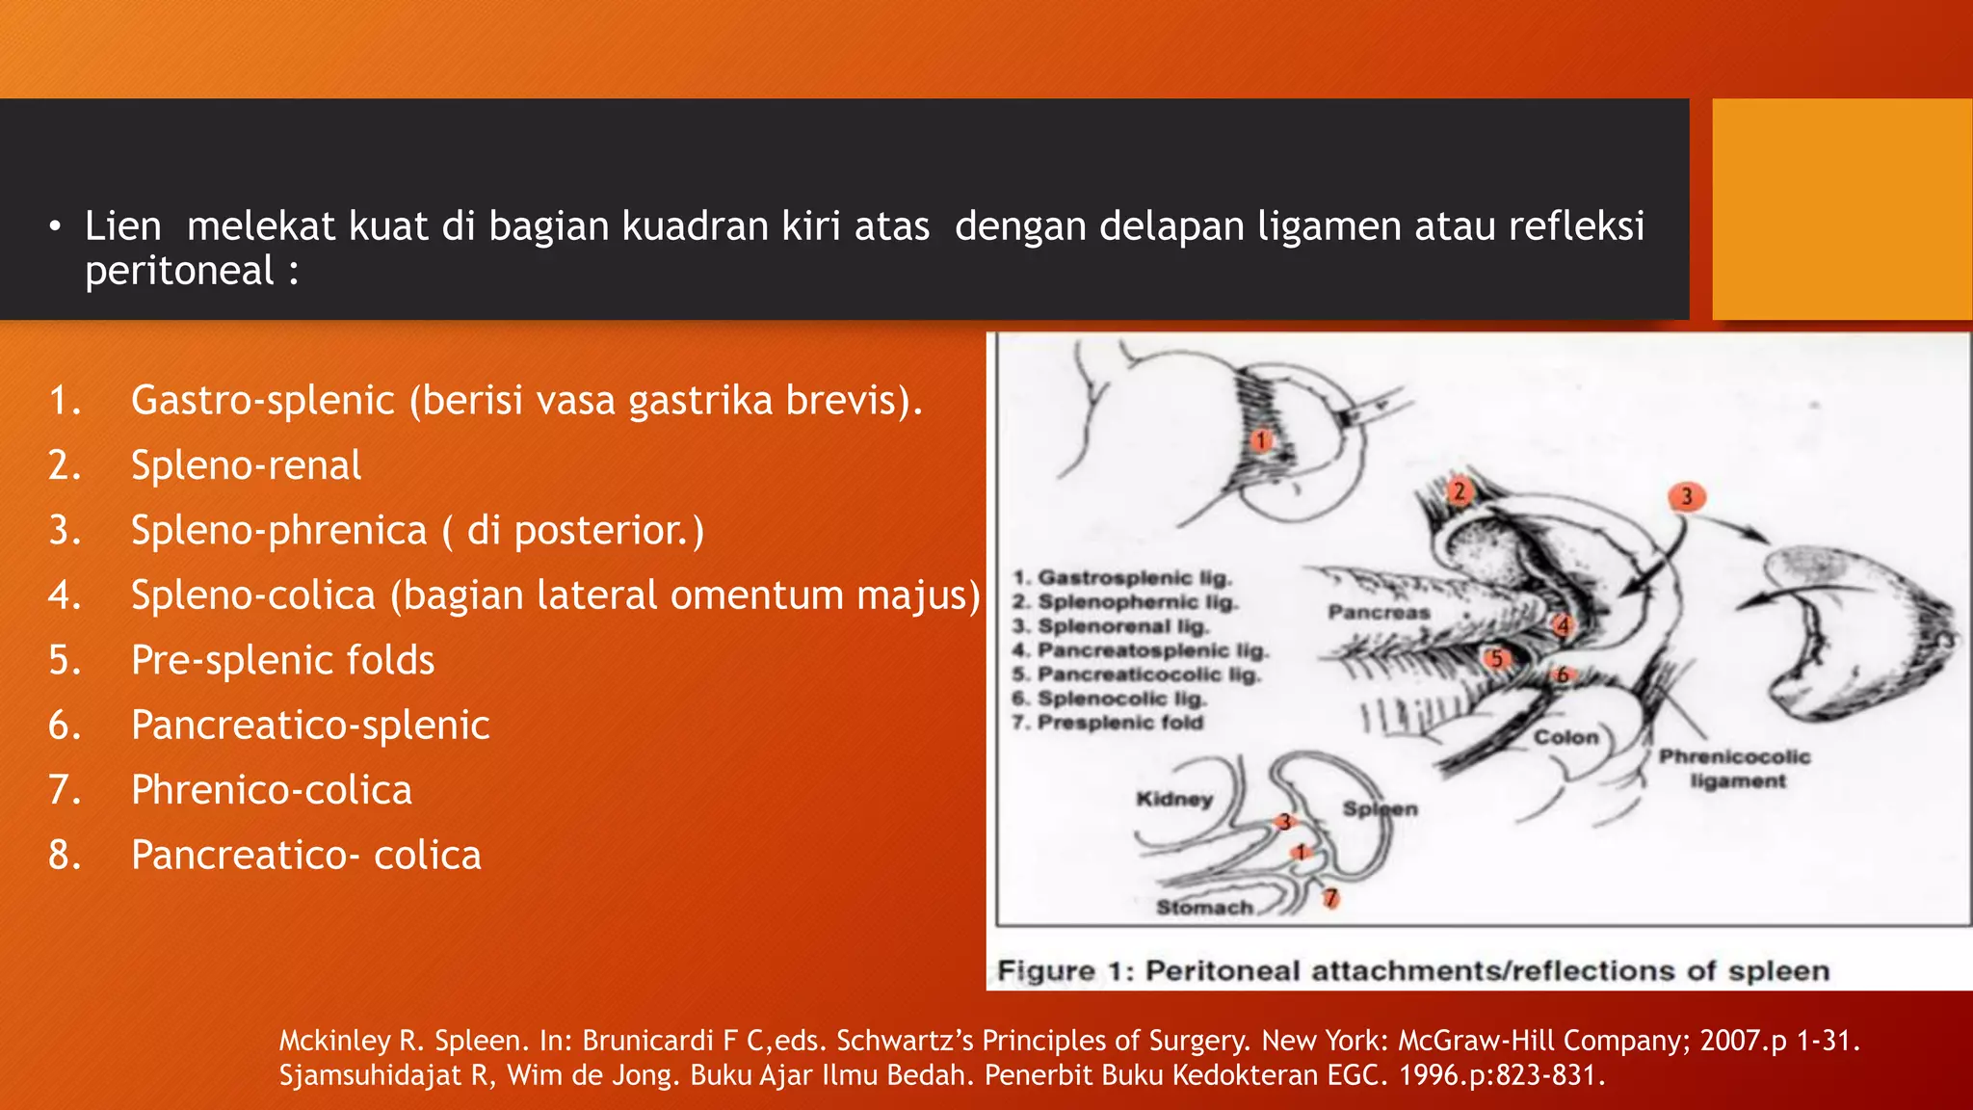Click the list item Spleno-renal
click(x=246, y=466)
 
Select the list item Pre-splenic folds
click(x=282, y=661)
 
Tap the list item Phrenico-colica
click(x=271, y=791)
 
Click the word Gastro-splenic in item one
click(x=263, y=401)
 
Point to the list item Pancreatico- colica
click(x=305, y=856)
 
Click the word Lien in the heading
click(x=122, y=227)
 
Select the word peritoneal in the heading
click(x=179, y=272)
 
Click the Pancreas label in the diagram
click(x=1379, y=613)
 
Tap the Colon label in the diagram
click(x=1565, y=737)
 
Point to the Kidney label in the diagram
click(x=1174, y=799)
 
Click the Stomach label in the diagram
click(x=1204, y=908)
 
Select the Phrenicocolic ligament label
click(x=1735, y=769)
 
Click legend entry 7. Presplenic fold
click(x=1108, y=723)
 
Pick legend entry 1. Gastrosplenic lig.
click(x=1122, y=578)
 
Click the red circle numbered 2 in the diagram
click(x=1459, y=491)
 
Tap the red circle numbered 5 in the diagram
click(x=1496, y=659)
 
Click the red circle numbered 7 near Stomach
click(x=1330, y=898)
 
